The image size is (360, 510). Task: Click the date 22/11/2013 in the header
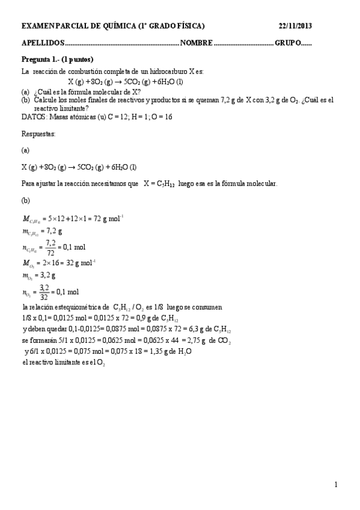(295, 26)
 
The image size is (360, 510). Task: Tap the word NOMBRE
(196, 44)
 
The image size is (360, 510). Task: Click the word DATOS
(32, 117)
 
